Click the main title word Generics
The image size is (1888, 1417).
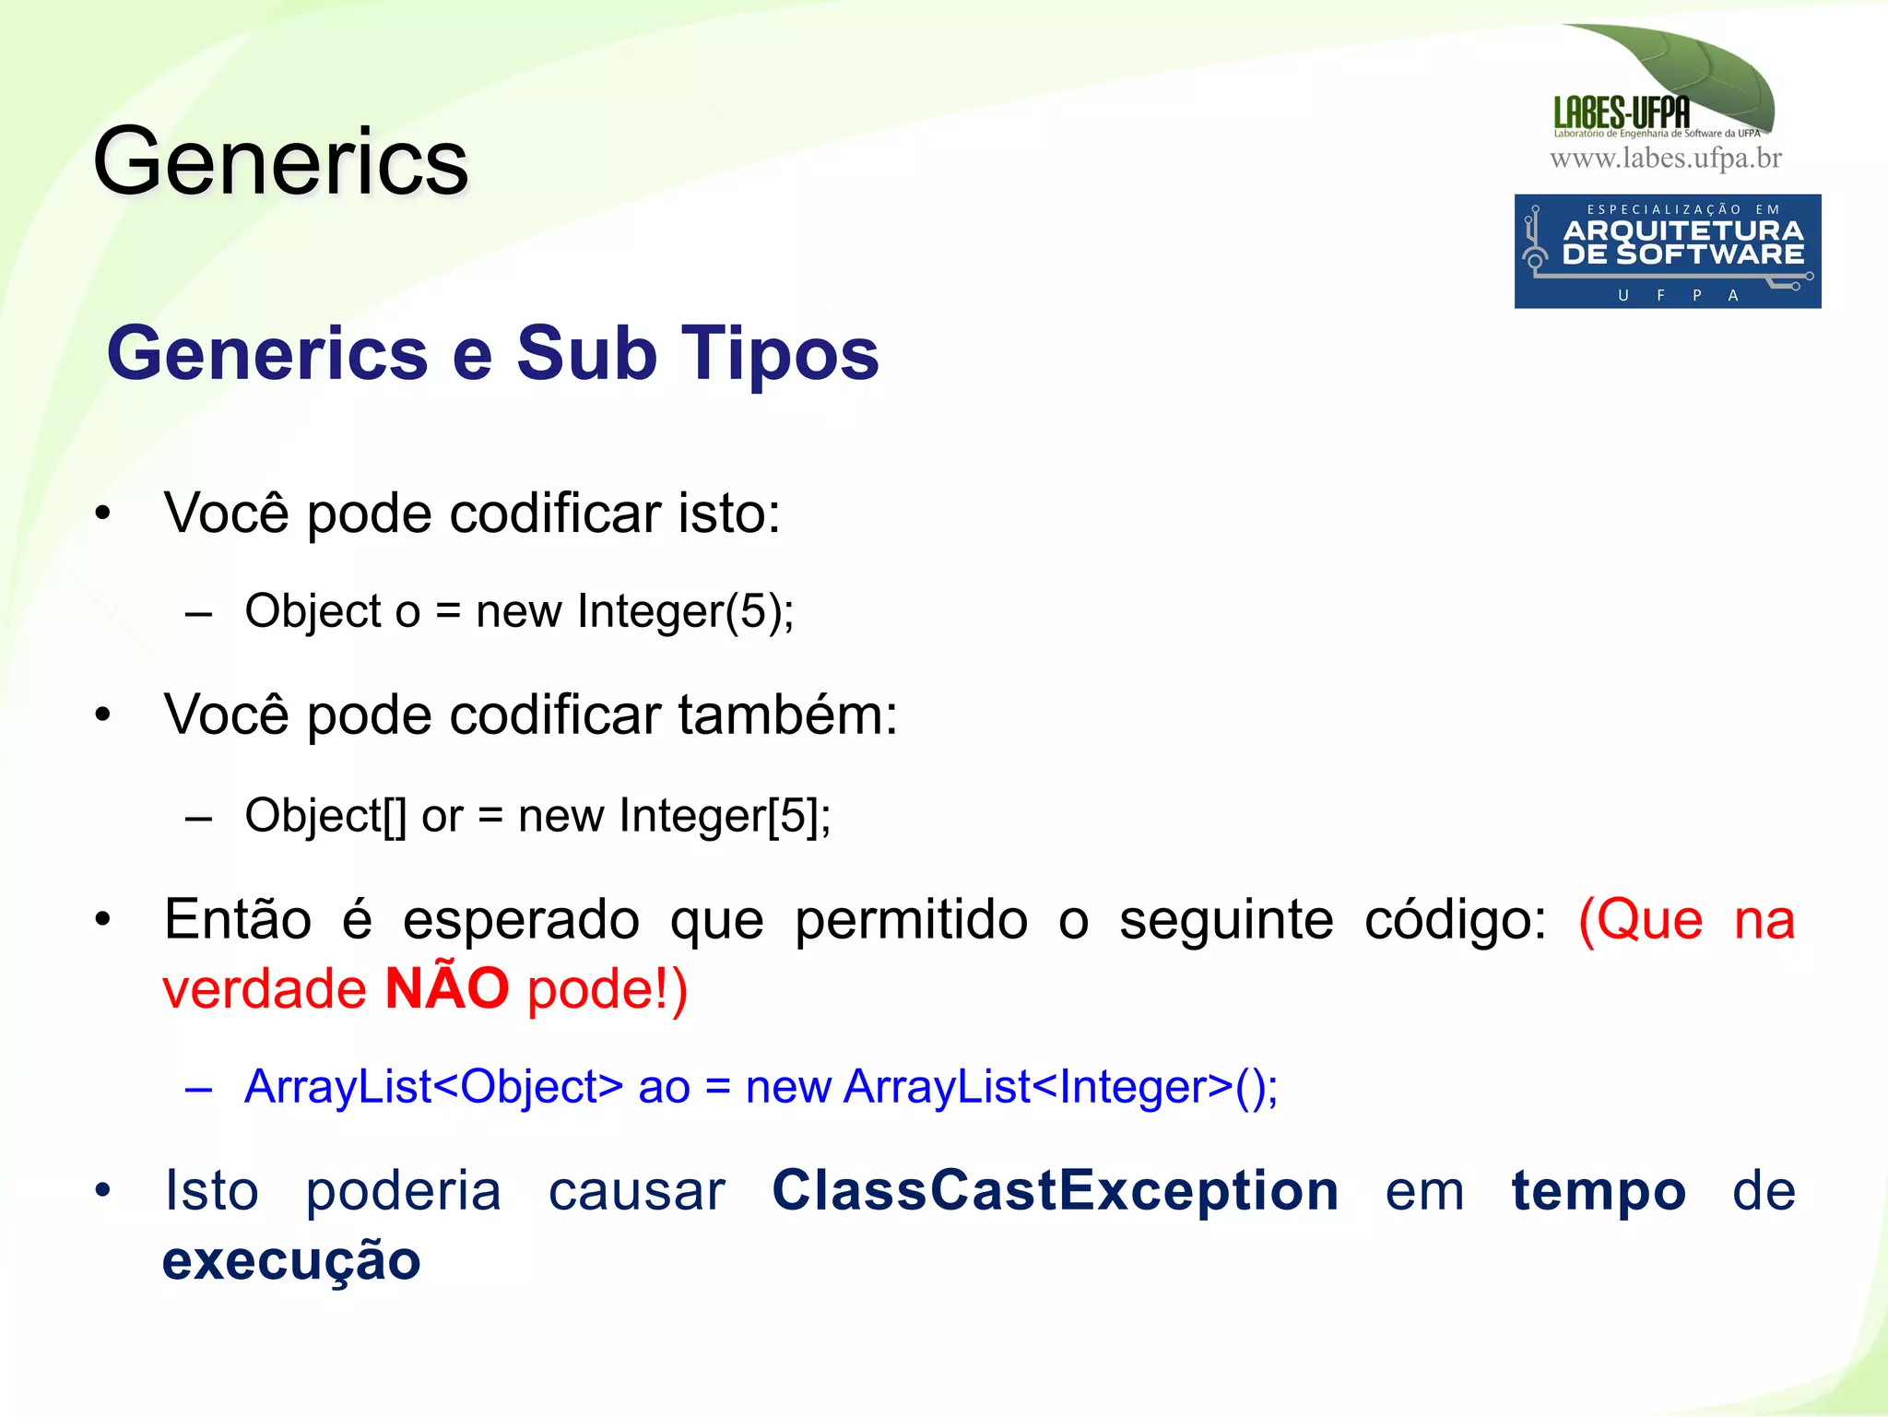click(281, 163)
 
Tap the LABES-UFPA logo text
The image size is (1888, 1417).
click(1622, 112)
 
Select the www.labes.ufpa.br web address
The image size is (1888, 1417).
click(1666, 159)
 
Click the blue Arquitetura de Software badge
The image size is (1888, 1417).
click(1667, 251)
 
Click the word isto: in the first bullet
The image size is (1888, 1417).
click(729, 513)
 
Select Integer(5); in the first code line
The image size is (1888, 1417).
click(685, 611)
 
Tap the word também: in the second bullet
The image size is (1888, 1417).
click(787, 714)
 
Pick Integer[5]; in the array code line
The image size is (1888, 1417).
click(725, 816)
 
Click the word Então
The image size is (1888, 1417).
click(238, 919)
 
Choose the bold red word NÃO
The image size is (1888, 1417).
click(447, 988)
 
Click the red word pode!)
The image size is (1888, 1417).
click(608, 988)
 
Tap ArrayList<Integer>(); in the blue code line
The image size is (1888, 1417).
click(1060, 1086)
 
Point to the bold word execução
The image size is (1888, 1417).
click(291, 1260)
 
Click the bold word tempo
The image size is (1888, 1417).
click(1599, 1190)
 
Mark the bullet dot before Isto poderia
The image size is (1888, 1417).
click(102, 1190)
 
